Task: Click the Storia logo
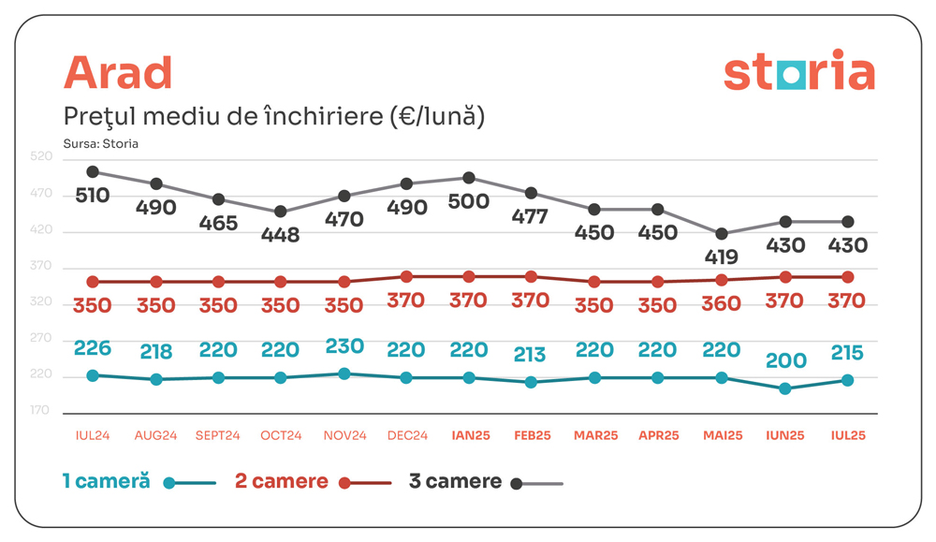(798, 72)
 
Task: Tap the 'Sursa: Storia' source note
(100, 144)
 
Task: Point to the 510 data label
(93, 196)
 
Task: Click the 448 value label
(281, 235)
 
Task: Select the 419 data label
(721, 256)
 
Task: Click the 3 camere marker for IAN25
(468, 178)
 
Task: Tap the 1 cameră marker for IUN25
(784, 388)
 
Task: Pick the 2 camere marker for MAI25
(721, 280)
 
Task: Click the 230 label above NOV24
(344, 345)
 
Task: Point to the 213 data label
(532, 355)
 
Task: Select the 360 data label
(721, 303)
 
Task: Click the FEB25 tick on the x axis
(532, 435)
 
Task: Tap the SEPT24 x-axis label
(218, 435)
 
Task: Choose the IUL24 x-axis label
(93, 435)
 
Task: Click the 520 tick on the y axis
(40, 159)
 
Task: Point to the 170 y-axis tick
(40, 410)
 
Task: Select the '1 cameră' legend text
(106, 481)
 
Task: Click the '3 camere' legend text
(455, 481)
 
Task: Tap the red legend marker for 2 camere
(344, 483)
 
